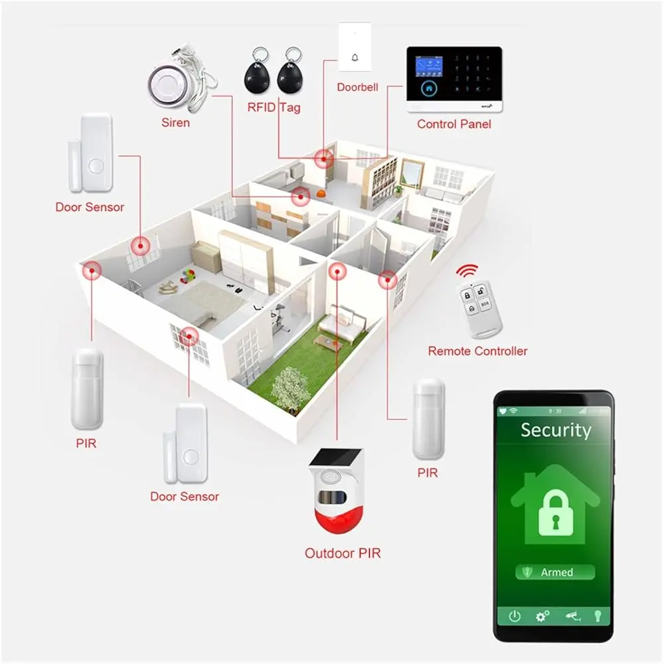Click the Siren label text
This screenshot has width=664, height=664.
175,123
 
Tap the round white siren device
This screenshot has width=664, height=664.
165,84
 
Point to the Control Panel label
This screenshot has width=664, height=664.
454,124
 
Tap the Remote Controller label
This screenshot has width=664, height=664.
477,351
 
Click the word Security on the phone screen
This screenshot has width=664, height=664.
555,430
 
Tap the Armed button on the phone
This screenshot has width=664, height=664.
555,572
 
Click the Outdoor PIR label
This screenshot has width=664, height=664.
343,552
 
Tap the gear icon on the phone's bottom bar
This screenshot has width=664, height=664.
542,616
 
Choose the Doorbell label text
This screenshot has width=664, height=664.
357,87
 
